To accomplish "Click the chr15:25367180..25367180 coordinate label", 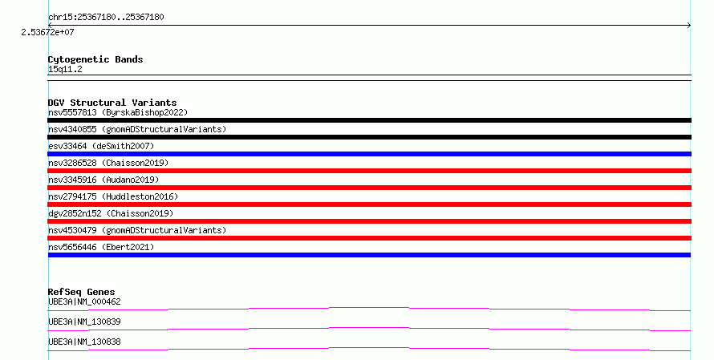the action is (106, 18).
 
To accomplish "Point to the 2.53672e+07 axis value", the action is (47, 32).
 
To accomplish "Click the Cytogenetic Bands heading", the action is (95, 59).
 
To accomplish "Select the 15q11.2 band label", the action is (65, 70).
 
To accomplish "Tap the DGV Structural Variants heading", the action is (112, 103).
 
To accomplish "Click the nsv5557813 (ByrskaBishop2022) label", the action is (118, 112).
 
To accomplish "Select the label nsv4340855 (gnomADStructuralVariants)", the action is (137, 129).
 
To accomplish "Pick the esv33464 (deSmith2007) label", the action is (101, 146).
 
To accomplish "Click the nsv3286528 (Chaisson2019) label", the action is (108, 163).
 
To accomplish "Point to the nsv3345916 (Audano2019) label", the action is (103, 180).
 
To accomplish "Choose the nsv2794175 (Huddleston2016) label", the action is (113, 196).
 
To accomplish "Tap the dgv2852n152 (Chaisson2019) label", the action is (111, 213).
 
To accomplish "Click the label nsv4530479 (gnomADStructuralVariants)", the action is (137, 230).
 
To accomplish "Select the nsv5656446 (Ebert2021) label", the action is (101, 247).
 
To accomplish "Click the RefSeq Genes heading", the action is (82, 292).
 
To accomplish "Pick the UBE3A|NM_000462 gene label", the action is (84, 301).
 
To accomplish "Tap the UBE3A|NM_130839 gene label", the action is (84, 322).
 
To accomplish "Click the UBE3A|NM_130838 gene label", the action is (84, 342).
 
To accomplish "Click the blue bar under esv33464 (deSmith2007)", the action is (369, 154).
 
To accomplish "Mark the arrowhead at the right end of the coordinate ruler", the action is (689, 26).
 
